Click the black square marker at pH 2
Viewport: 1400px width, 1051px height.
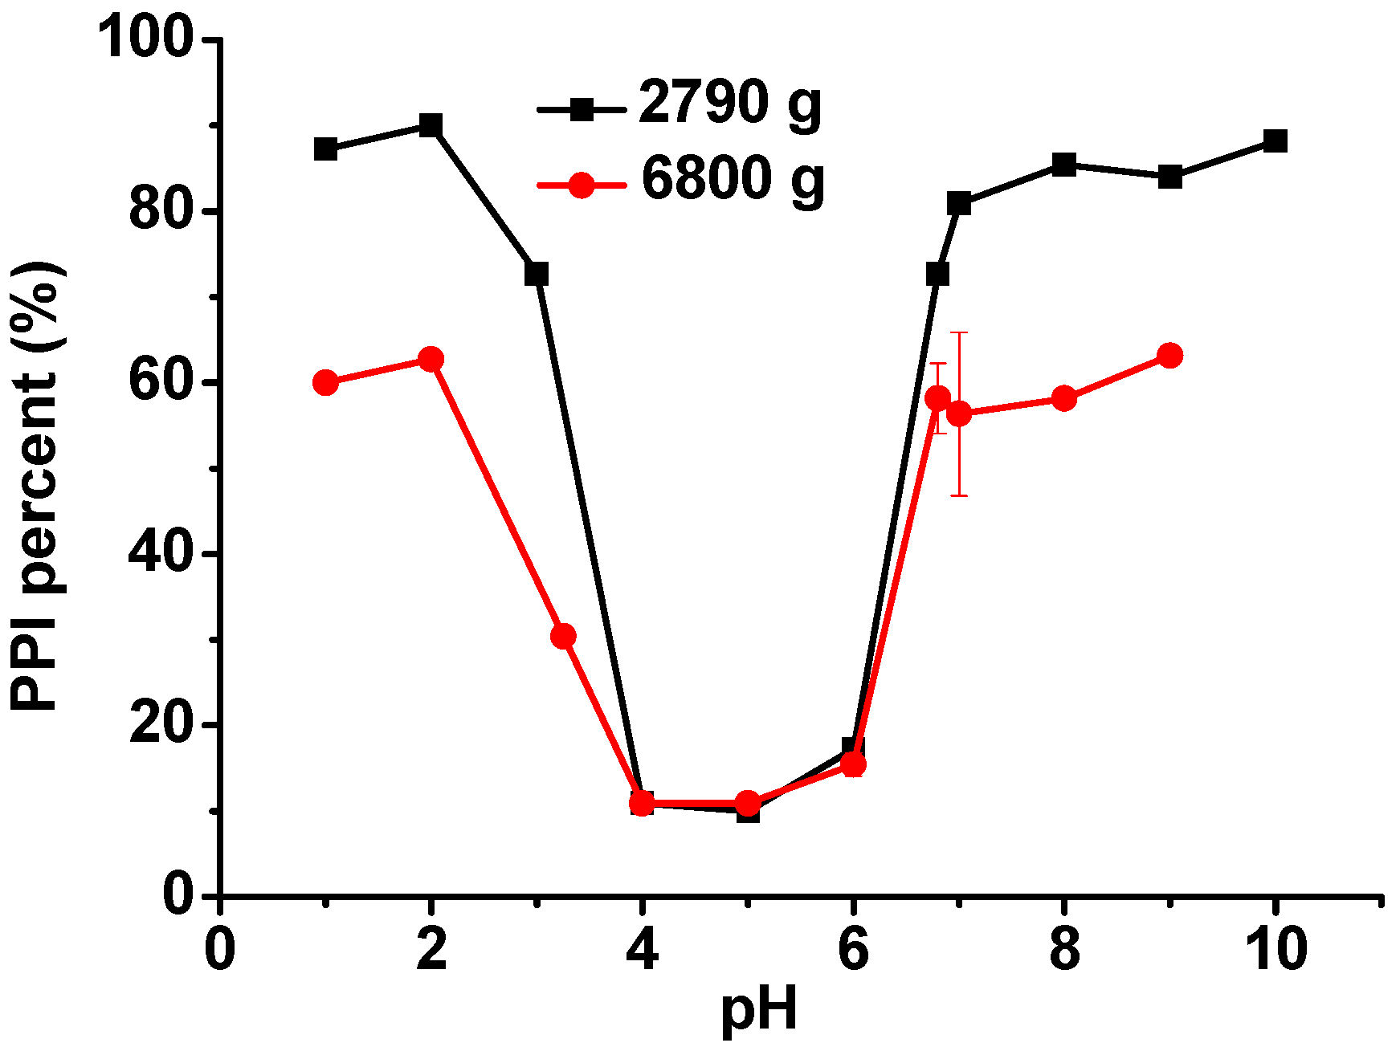tap(431, 125)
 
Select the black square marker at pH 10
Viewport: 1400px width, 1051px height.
tap(1275, 141)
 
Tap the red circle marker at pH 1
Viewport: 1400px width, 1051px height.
tap(325, 382)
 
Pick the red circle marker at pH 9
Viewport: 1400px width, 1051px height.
tap(1170, 355)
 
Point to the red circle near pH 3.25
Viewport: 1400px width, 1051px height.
tap(563, 636)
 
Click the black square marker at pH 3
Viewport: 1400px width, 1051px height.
tap(537, 274)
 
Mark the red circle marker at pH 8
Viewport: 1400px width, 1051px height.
tap(1063, 398)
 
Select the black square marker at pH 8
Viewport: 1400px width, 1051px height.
tap(1063, 165)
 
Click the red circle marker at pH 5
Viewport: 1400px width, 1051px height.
tap(748, 802)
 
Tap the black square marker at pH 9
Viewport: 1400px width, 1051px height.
tap(1170, 177)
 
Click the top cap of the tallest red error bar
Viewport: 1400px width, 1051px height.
tap(959, 332)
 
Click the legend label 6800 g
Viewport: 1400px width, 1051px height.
tap(733, 180)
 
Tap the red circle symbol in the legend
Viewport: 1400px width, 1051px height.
tap(581, 185)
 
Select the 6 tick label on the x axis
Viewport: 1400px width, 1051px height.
tap(853, 949)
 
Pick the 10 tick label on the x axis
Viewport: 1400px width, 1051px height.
tap(1276, 949)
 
